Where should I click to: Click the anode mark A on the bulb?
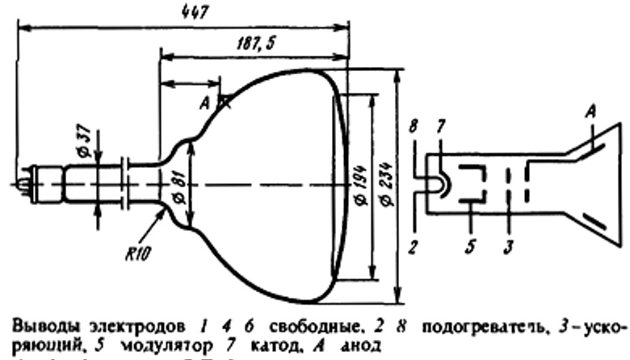pyautogui.click(x=208, y=103)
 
